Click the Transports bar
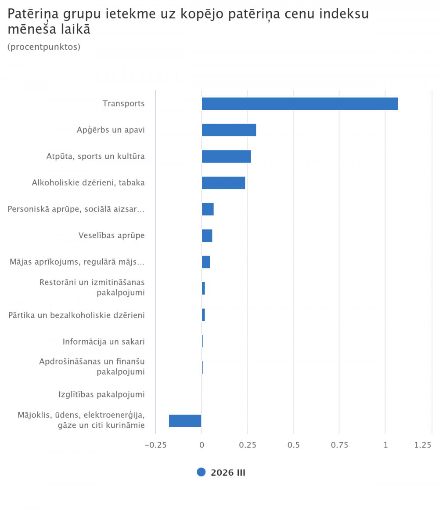click(x=300, y=104)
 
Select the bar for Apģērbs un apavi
click(x=229, y=130)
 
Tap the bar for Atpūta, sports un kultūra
click(x=226, y=156)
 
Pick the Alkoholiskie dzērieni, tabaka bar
click(x=223, y=183)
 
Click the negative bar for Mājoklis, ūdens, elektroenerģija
click(x=185, y=421)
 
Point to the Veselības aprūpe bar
click(x=207, y=236)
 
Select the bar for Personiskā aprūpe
click(x=208, y=209)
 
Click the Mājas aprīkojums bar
click(x=206, y=262)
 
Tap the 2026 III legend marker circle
click(x=201, y=472)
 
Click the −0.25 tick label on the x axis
click(x=155, y=445)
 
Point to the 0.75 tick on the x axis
click(x=339, y=445)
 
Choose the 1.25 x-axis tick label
click(x=423, y=445)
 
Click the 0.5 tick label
click(x=293, y=445)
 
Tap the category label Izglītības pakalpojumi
click(x=101, y=394)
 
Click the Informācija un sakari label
click(x=104, y=342)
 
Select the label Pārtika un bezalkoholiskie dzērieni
click(x=76, y=315)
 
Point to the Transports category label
click(x=123, y=104)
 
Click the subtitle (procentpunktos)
click(x=44, y=47)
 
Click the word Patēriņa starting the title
click(x=33, y=15)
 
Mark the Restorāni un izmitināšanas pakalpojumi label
click(x=92, y=287)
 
